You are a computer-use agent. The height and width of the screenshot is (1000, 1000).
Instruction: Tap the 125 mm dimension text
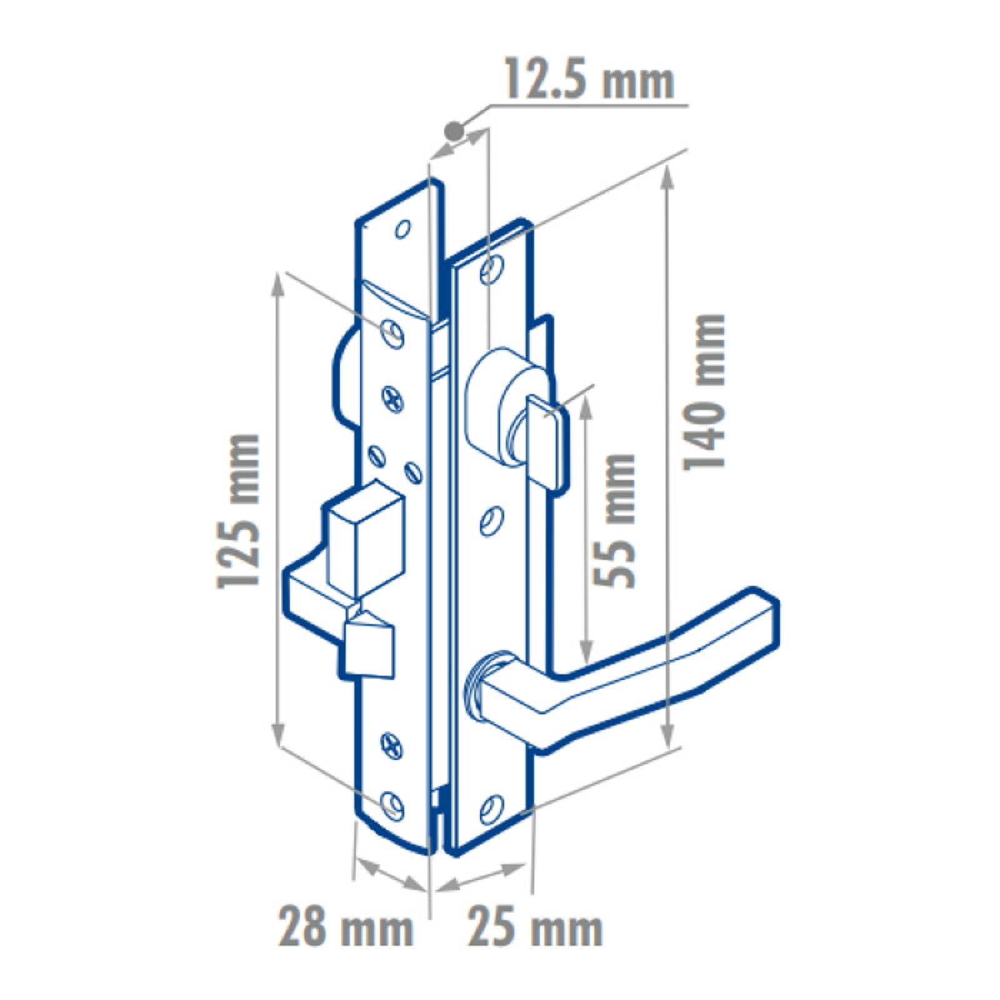pyautogui.click(x=237, y=509)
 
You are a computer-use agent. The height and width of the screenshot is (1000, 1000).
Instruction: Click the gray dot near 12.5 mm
pyautogui.click(x=453, y=131)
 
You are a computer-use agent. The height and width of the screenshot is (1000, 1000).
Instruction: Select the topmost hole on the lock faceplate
pyautogui.click(x=403, y=229)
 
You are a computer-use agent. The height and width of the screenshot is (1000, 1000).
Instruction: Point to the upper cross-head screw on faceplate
pyautogui.click(x=393, y=399)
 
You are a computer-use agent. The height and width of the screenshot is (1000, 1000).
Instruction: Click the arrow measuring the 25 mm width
pyautogui.click(x=481, y=875)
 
